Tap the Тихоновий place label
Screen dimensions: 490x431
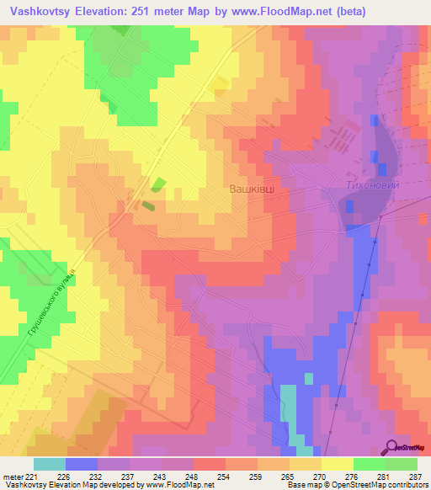tap(370, 185)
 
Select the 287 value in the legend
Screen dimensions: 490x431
tap(416, 477)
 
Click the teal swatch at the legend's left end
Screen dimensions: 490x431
tap(50, 464)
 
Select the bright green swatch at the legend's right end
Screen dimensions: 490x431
tap(402, 464)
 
